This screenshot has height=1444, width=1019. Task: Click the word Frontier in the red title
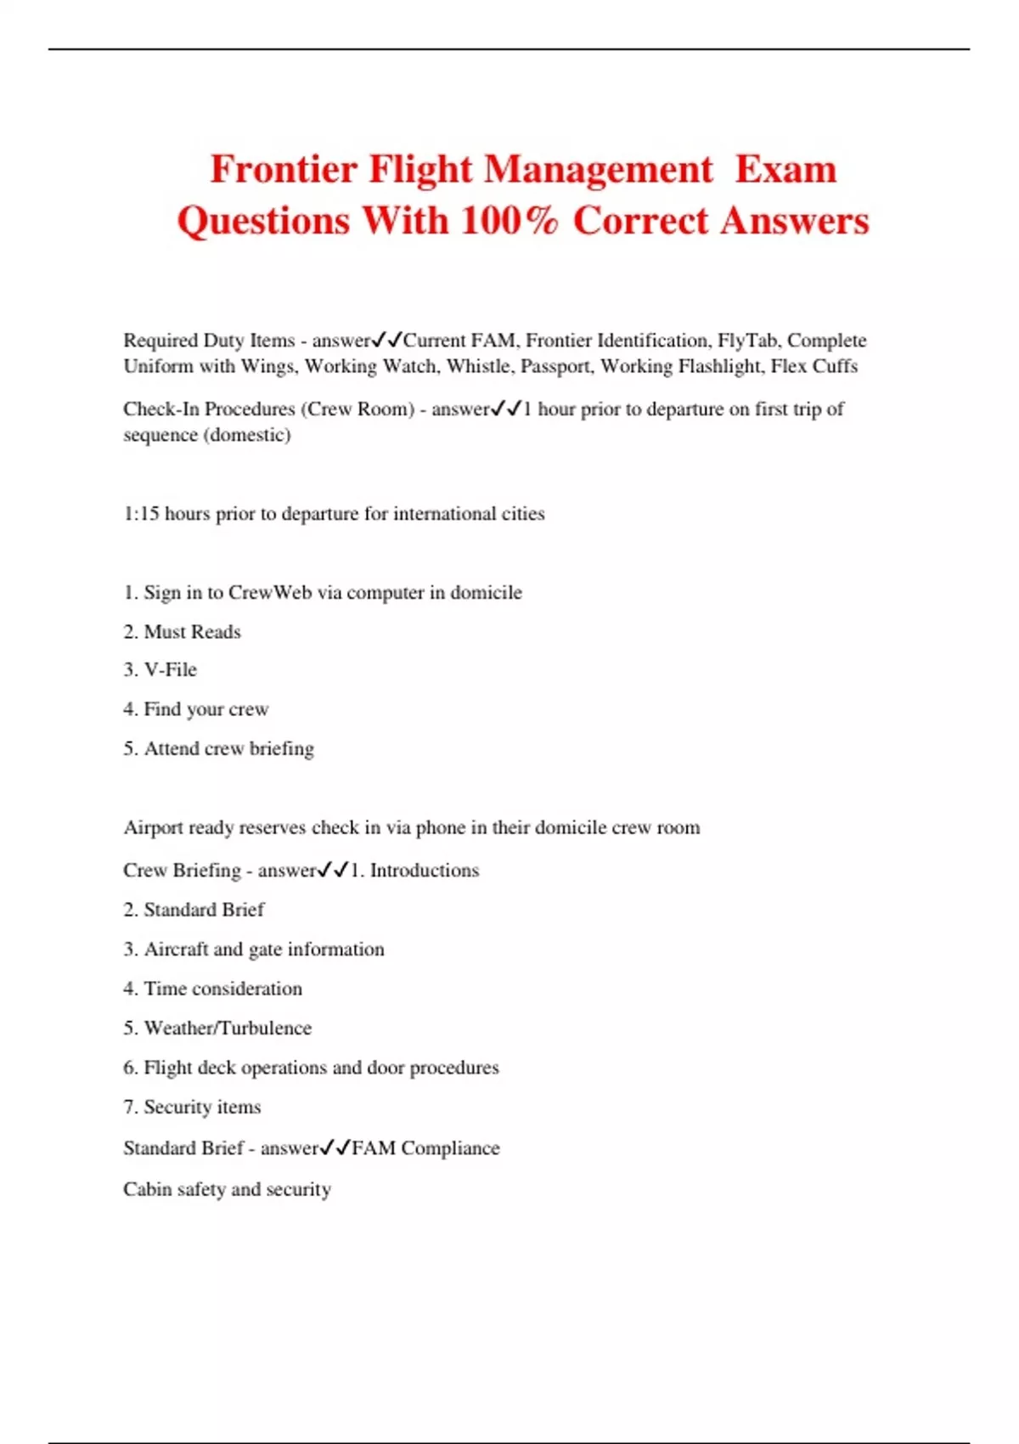pyautogui.click(x=284, y=170)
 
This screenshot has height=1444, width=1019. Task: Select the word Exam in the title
pyautogui.click(x=785, y=170)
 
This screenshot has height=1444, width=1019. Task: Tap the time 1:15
pyautogui.click(x=141, y=514)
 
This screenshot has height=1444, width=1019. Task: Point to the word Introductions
pyautogui.click(x=424, y=871)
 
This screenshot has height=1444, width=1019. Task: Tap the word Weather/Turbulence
pyautogui.click(x=228, y=1028)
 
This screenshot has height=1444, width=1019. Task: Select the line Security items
pyautogui.click(x=202, y=1107)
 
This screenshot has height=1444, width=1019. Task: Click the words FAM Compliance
pyautogui.click(x=425, y=1148)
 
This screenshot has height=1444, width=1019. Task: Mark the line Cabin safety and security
pyautogui.click(x=227, y=1189)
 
